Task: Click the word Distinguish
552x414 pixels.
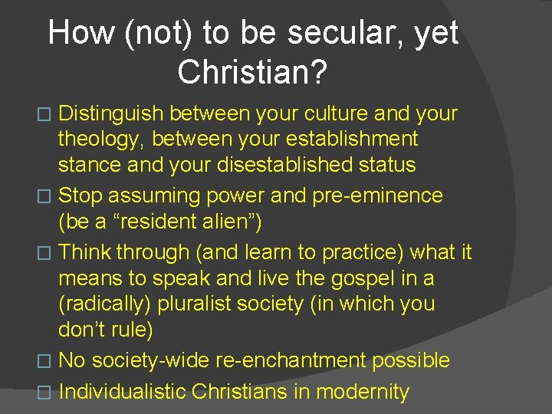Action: [x=111, y=114]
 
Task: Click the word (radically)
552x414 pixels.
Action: [x=105, y=304]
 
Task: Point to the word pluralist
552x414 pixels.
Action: [x=195, y=304]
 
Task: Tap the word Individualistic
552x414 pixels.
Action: [x=122, y=392]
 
